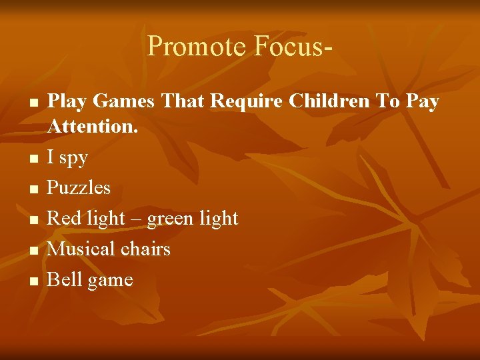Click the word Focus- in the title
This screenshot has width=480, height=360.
point(292,47)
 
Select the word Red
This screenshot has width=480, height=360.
point(63,218)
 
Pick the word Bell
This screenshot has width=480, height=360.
point(63,279)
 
